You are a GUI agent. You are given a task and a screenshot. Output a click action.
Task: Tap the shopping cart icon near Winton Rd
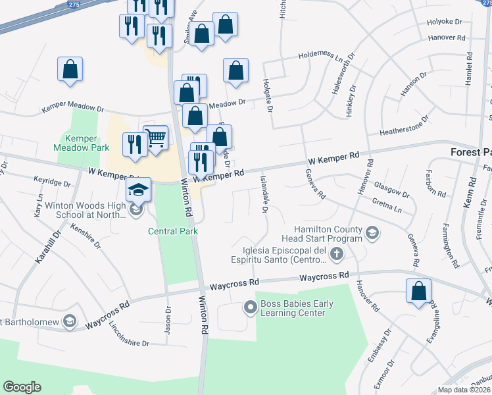pyautogui.click(x=156, y=138)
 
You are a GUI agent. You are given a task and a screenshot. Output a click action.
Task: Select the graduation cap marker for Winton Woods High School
pyautogui.click(x=138, y=190)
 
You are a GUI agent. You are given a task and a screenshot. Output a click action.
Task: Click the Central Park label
pyautogui.click(x=173, y=231)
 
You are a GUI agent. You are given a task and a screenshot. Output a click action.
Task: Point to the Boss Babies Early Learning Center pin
pyautogui.click(x=250, y=307)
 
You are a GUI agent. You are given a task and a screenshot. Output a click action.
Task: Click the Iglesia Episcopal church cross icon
pyautogui.click(x=336, y=253)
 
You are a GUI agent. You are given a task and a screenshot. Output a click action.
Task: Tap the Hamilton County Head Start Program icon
pyautogui.click(x=372, y=232)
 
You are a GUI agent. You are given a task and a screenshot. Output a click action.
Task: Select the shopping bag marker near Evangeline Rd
pyautogui.click(x=418, y=291)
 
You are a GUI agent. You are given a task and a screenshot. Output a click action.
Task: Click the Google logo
pyautogui.click(x=22, y=387)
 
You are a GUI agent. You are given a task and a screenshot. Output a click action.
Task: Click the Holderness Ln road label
pyautogui.click(x=323, y=56)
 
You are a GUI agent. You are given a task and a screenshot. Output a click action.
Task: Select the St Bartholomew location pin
pyautogui.click(x=70, y=322)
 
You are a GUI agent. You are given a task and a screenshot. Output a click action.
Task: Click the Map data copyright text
pyautogui.click(x=464, y=390)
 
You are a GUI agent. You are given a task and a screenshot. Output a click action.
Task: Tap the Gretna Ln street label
pyautogui.click(x=386, y=204)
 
